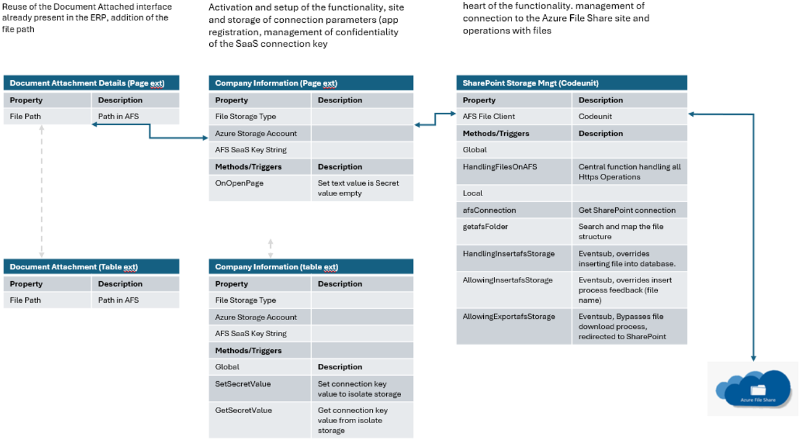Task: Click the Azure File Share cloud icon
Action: [753, 389]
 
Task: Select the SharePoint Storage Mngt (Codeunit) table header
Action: [571, 83]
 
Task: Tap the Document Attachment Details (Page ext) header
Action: [91, 83]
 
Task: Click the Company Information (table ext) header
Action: [310, 267]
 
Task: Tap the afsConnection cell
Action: [514, 210]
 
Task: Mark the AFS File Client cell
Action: [514, 117]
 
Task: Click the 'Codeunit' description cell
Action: [629, 117]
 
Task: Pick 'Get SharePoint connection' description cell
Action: [629, 210]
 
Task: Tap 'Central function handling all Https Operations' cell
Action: [629, 171]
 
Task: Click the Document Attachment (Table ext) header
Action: [91, 267]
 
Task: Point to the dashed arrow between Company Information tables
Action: [270, 249]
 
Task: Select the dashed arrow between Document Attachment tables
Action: [41, 191]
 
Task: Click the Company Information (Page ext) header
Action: [310, 83]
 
